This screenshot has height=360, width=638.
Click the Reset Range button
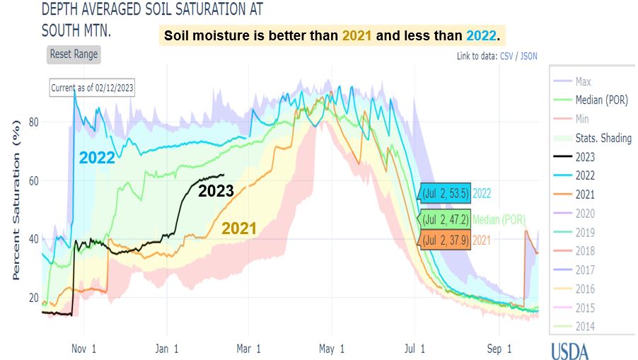pyautogui.click(x=74, y=54)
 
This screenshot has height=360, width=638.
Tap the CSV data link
pyautogui.click(x=507, y=56)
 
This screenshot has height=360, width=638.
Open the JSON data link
pyautogui.click(x=528, y=56)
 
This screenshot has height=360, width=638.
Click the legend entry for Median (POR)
pyautogui.click(x=603, y=100)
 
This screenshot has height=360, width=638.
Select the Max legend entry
pyautogui.click(x=584, y=81)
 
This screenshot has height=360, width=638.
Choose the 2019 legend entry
pyautogui.click(x=585, y=232)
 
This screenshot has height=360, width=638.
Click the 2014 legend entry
pyautogui.click(x=585, y=326)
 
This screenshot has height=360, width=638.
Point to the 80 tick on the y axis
pyautogui.click(x=33, y=122)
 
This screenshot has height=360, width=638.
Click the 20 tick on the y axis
pyautogui.click(x=33, y=297)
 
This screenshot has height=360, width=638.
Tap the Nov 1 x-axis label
pyautogui.click(x=83, y=348)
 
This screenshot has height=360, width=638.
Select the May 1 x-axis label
pyautogui.click(x=331, y=348)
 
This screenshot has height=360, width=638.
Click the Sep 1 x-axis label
pyautogui.click(x=499, y=348)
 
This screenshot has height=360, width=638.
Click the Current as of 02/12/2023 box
pyautogui.click(x=92, y=88)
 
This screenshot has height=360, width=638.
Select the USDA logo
pyautogui.click(x=569, y=350)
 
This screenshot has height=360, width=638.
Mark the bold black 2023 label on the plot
pyautogui.click(x=216, y=190)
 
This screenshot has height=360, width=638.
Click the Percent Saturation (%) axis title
pyautogui.click(x=15, y=205)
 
